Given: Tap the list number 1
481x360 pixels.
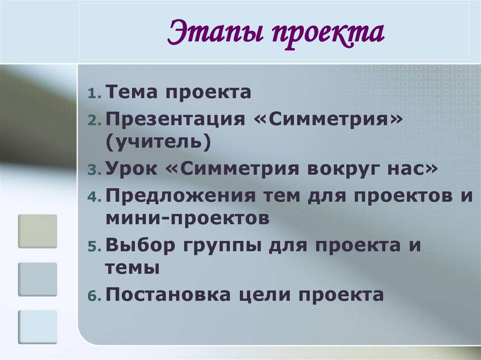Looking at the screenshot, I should (93, 94).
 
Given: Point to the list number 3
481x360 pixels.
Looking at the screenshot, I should (93, 170).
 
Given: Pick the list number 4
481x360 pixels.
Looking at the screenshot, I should (93, 196).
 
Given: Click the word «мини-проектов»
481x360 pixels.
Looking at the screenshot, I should (187, 218).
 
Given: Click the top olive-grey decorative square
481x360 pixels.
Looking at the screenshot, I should (38, 231).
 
